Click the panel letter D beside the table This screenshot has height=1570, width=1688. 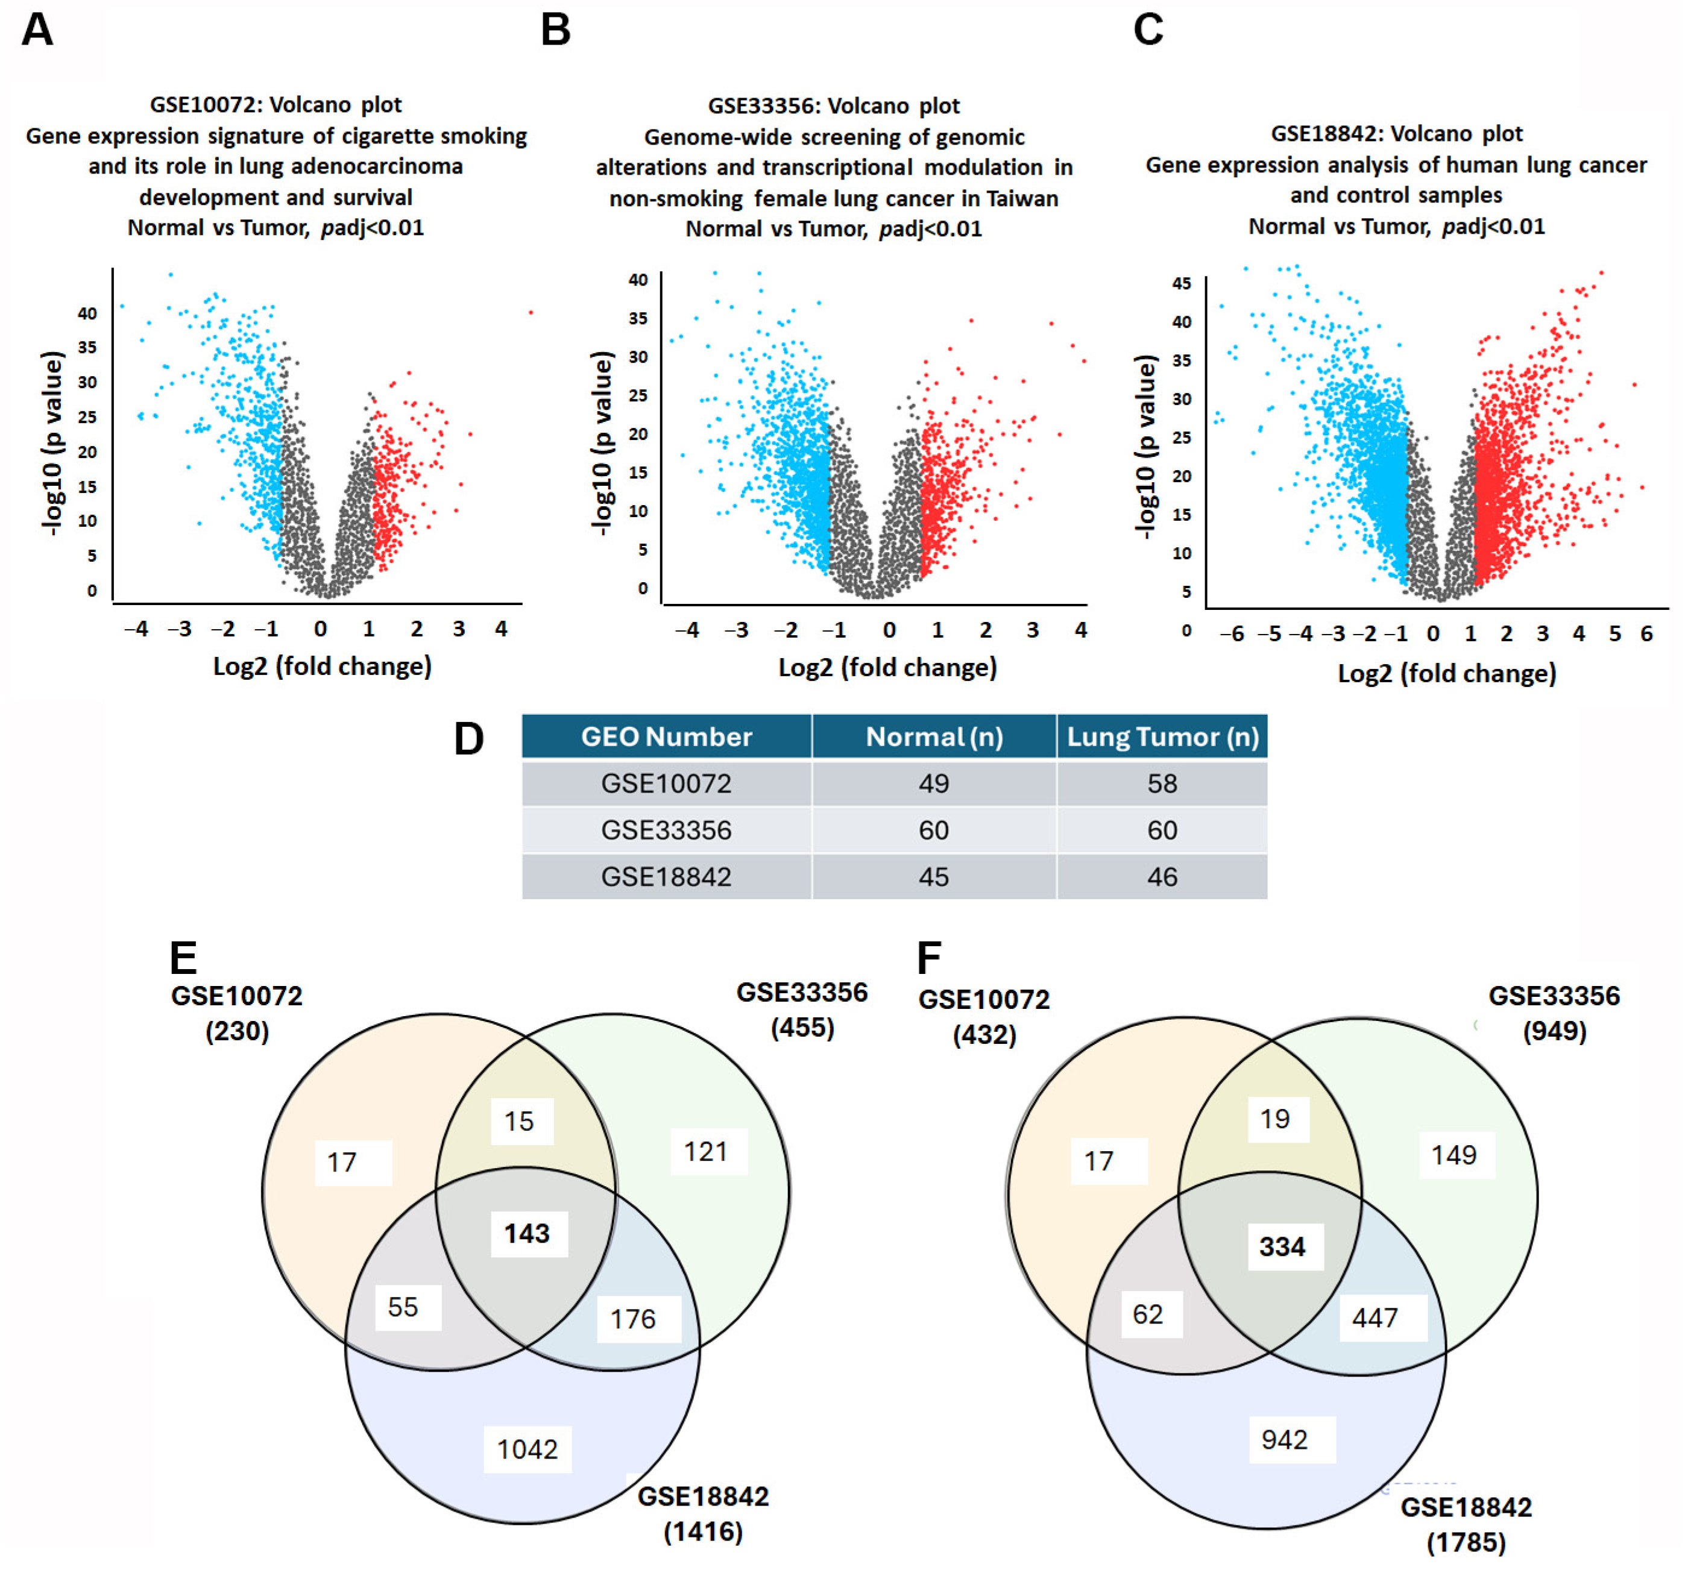(468, 738)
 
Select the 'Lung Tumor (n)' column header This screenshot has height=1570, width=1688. (1162, 736)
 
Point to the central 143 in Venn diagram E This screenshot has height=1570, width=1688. (526, 1233)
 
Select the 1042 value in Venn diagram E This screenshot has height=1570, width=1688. (526, 1449)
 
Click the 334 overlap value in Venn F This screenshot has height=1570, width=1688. (1281, 1247)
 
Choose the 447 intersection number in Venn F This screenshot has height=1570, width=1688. (1374, 1317)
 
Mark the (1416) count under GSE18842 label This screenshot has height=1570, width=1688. (703, 1532)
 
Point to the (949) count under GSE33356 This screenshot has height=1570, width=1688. (1554, 1031)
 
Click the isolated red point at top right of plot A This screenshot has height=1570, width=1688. (531, 312)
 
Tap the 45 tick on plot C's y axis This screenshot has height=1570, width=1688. (1181, 283)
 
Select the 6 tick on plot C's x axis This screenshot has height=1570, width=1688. (1646, 634)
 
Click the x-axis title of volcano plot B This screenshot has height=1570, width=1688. (887, 668)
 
